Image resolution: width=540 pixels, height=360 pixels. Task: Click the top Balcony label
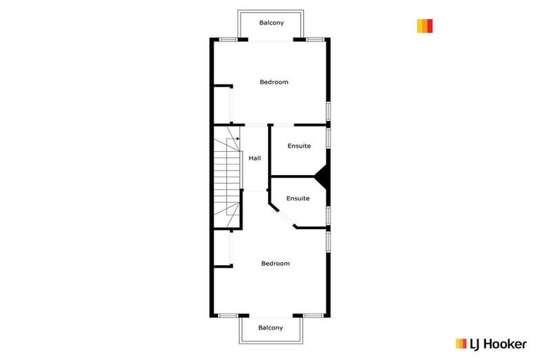click(271, 23)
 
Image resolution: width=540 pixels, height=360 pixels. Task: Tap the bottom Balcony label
click(271, 328)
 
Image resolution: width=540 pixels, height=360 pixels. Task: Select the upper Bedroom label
click(274, 82)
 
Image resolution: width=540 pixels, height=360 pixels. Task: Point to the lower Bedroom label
click(275, 264)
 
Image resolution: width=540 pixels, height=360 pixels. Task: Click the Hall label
click(255, 158)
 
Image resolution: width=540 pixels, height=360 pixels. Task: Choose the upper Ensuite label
click(299, 146)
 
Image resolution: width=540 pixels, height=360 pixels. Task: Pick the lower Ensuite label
click(298, 198)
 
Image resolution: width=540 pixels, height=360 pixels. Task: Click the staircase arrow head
click(238, 139)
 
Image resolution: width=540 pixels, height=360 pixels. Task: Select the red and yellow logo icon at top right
click(424, 26)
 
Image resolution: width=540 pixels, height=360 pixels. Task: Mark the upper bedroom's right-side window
click(328, 112)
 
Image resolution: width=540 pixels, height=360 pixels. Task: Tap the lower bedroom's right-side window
click(328, 241)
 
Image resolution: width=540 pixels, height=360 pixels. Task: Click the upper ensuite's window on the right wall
click(328, 137)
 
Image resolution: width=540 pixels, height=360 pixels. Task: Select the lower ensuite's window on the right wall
click(328, 214)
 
